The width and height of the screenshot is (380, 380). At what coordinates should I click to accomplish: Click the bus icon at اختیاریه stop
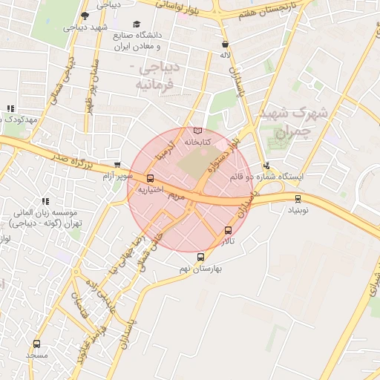tap(151, 178)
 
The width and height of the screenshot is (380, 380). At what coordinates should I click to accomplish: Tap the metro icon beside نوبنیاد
tap(298, 198)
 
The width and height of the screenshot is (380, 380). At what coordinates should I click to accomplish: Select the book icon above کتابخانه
tap(197, 131)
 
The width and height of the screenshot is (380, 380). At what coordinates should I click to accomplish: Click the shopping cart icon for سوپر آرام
tap(117, 165)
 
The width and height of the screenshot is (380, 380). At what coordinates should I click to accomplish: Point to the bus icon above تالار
tap(227, 231)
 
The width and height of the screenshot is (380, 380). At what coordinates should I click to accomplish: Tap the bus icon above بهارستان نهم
tap(200, 257)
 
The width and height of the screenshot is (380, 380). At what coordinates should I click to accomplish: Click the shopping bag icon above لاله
tap(225, 45)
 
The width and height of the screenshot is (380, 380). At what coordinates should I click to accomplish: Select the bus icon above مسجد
tap(37, 344)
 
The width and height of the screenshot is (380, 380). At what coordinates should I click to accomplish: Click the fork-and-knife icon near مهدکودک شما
tap(10, 108)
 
